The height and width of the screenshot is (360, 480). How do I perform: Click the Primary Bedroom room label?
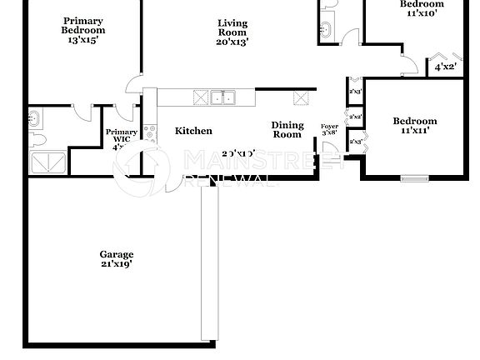[x=82, y=24]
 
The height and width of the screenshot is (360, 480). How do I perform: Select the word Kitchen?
[x=193, y=131]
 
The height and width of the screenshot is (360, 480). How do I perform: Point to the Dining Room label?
[x=287, y=129]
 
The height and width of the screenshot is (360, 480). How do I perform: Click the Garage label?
[x=117, y=254]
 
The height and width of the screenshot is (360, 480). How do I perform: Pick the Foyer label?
[x=330, y=126]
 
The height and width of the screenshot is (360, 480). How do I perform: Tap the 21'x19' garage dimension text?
[x=117, y=264]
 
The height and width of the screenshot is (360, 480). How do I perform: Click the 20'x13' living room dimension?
[x=232, y=41]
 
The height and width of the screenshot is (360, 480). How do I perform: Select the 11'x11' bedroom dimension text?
[x=414, y=132]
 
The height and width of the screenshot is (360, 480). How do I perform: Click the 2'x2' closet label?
[x=356, y=117]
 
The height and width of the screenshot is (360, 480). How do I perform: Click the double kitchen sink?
[x=222, y=97]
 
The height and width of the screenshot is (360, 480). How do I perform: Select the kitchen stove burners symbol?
[x=150, y=131]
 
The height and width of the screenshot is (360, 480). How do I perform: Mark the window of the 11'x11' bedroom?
[x=413, y=177]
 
